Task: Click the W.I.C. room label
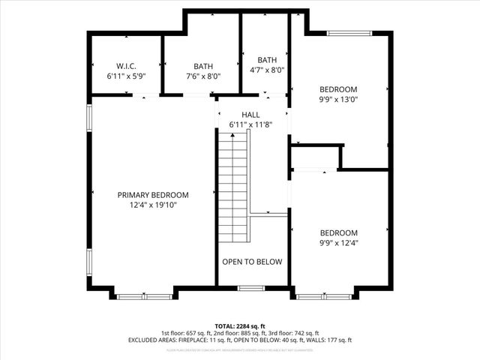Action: [125, 65]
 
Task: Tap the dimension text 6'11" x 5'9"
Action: [125, 76]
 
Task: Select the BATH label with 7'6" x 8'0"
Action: [202, 65]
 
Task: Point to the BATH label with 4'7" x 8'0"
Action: [267, 60]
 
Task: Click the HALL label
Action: [250, 114]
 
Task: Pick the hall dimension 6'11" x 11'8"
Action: [250, 124]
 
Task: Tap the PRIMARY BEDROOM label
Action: [153, 194]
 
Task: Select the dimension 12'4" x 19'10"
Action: [153, 205]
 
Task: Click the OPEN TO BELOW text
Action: [252, 262]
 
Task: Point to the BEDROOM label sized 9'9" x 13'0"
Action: [339, 89]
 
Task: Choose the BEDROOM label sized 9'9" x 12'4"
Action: [339, 232]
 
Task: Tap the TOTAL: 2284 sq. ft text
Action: [240, 325]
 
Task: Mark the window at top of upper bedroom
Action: [349, 32]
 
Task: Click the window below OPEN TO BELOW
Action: [250, 288]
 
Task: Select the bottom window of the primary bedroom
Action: [145, 297]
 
